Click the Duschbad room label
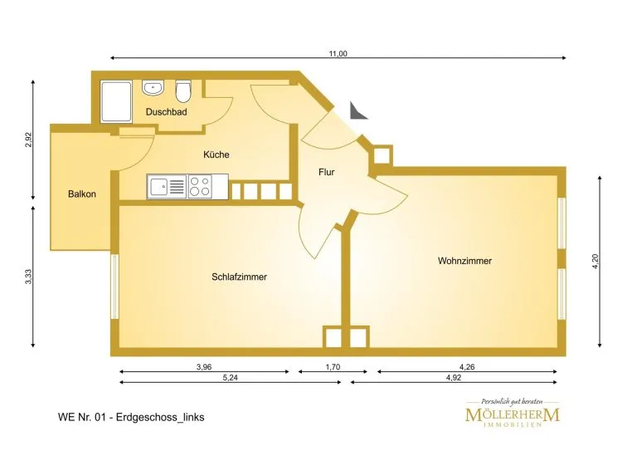coord(166,112)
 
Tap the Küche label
coord(216,154)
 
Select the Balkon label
coord(82,194)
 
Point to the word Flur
coord(326,172)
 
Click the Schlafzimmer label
coord(239,277)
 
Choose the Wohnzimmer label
coord(464,261)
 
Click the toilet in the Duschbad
coord(183,91)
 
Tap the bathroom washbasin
coord(153,87)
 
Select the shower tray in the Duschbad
coord(117,101)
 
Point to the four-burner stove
coord(200,187)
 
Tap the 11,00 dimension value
coord(338,54)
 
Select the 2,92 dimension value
coord(28,140)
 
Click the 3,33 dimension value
coord(28,277)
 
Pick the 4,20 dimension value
coord(596,261)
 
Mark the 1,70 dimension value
coord(333,367)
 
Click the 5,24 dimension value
coord(231,377)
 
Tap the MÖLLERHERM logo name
coord(513,414)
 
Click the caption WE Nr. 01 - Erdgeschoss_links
coord(131,417)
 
